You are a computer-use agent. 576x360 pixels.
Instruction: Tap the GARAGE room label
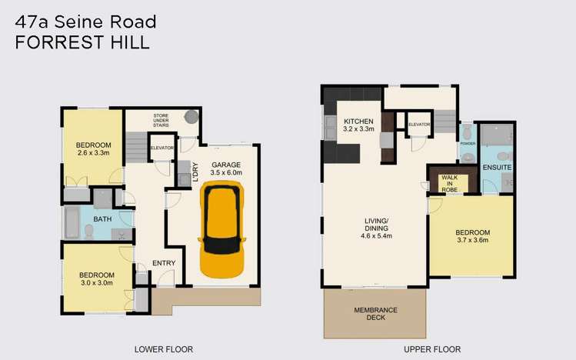[227, 165]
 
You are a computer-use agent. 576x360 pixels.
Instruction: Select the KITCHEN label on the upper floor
[358, 122]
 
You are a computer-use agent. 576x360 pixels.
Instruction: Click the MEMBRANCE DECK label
[375, 314]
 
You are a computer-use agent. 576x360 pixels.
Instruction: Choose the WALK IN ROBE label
[449, 182]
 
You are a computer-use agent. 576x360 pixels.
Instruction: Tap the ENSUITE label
[497, 168]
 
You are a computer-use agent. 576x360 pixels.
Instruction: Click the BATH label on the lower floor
[102, 219]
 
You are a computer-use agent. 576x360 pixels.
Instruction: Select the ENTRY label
[163, 263]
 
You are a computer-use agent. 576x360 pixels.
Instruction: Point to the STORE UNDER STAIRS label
[161, 120]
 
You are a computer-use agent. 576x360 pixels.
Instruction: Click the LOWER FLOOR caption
[163, 349]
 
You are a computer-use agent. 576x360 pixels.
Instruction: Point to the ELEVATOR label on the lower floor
[162, 148]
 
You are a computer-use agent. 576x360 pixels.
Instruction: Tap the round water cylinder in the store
[190, 118]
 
